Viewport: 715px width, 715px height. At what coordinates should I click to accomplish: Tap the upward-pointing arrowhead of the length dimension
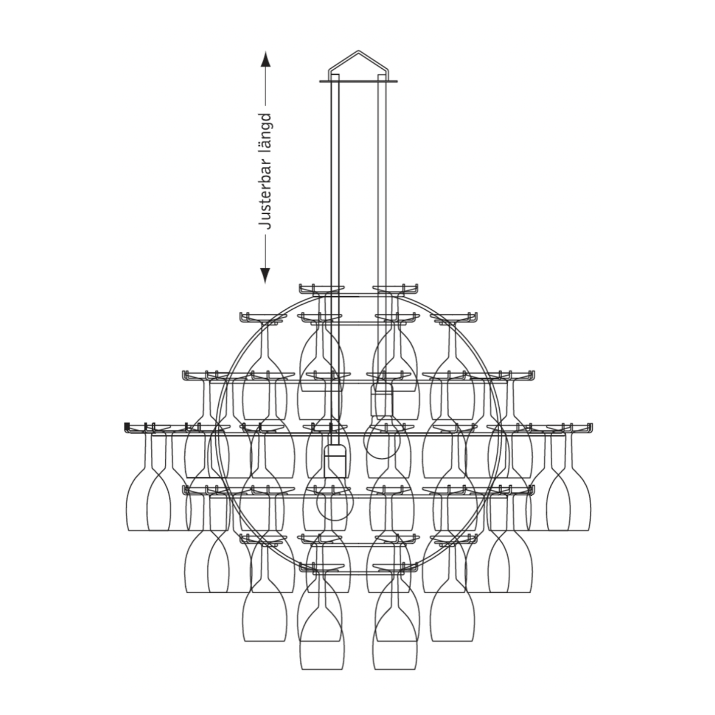point(265,58)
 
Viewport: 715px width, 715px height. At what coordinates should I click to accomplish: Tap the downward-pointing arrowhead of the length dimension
point(265,275)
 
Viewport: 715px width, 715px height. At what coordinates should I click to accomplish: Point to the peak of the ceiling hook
point(358,50)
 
